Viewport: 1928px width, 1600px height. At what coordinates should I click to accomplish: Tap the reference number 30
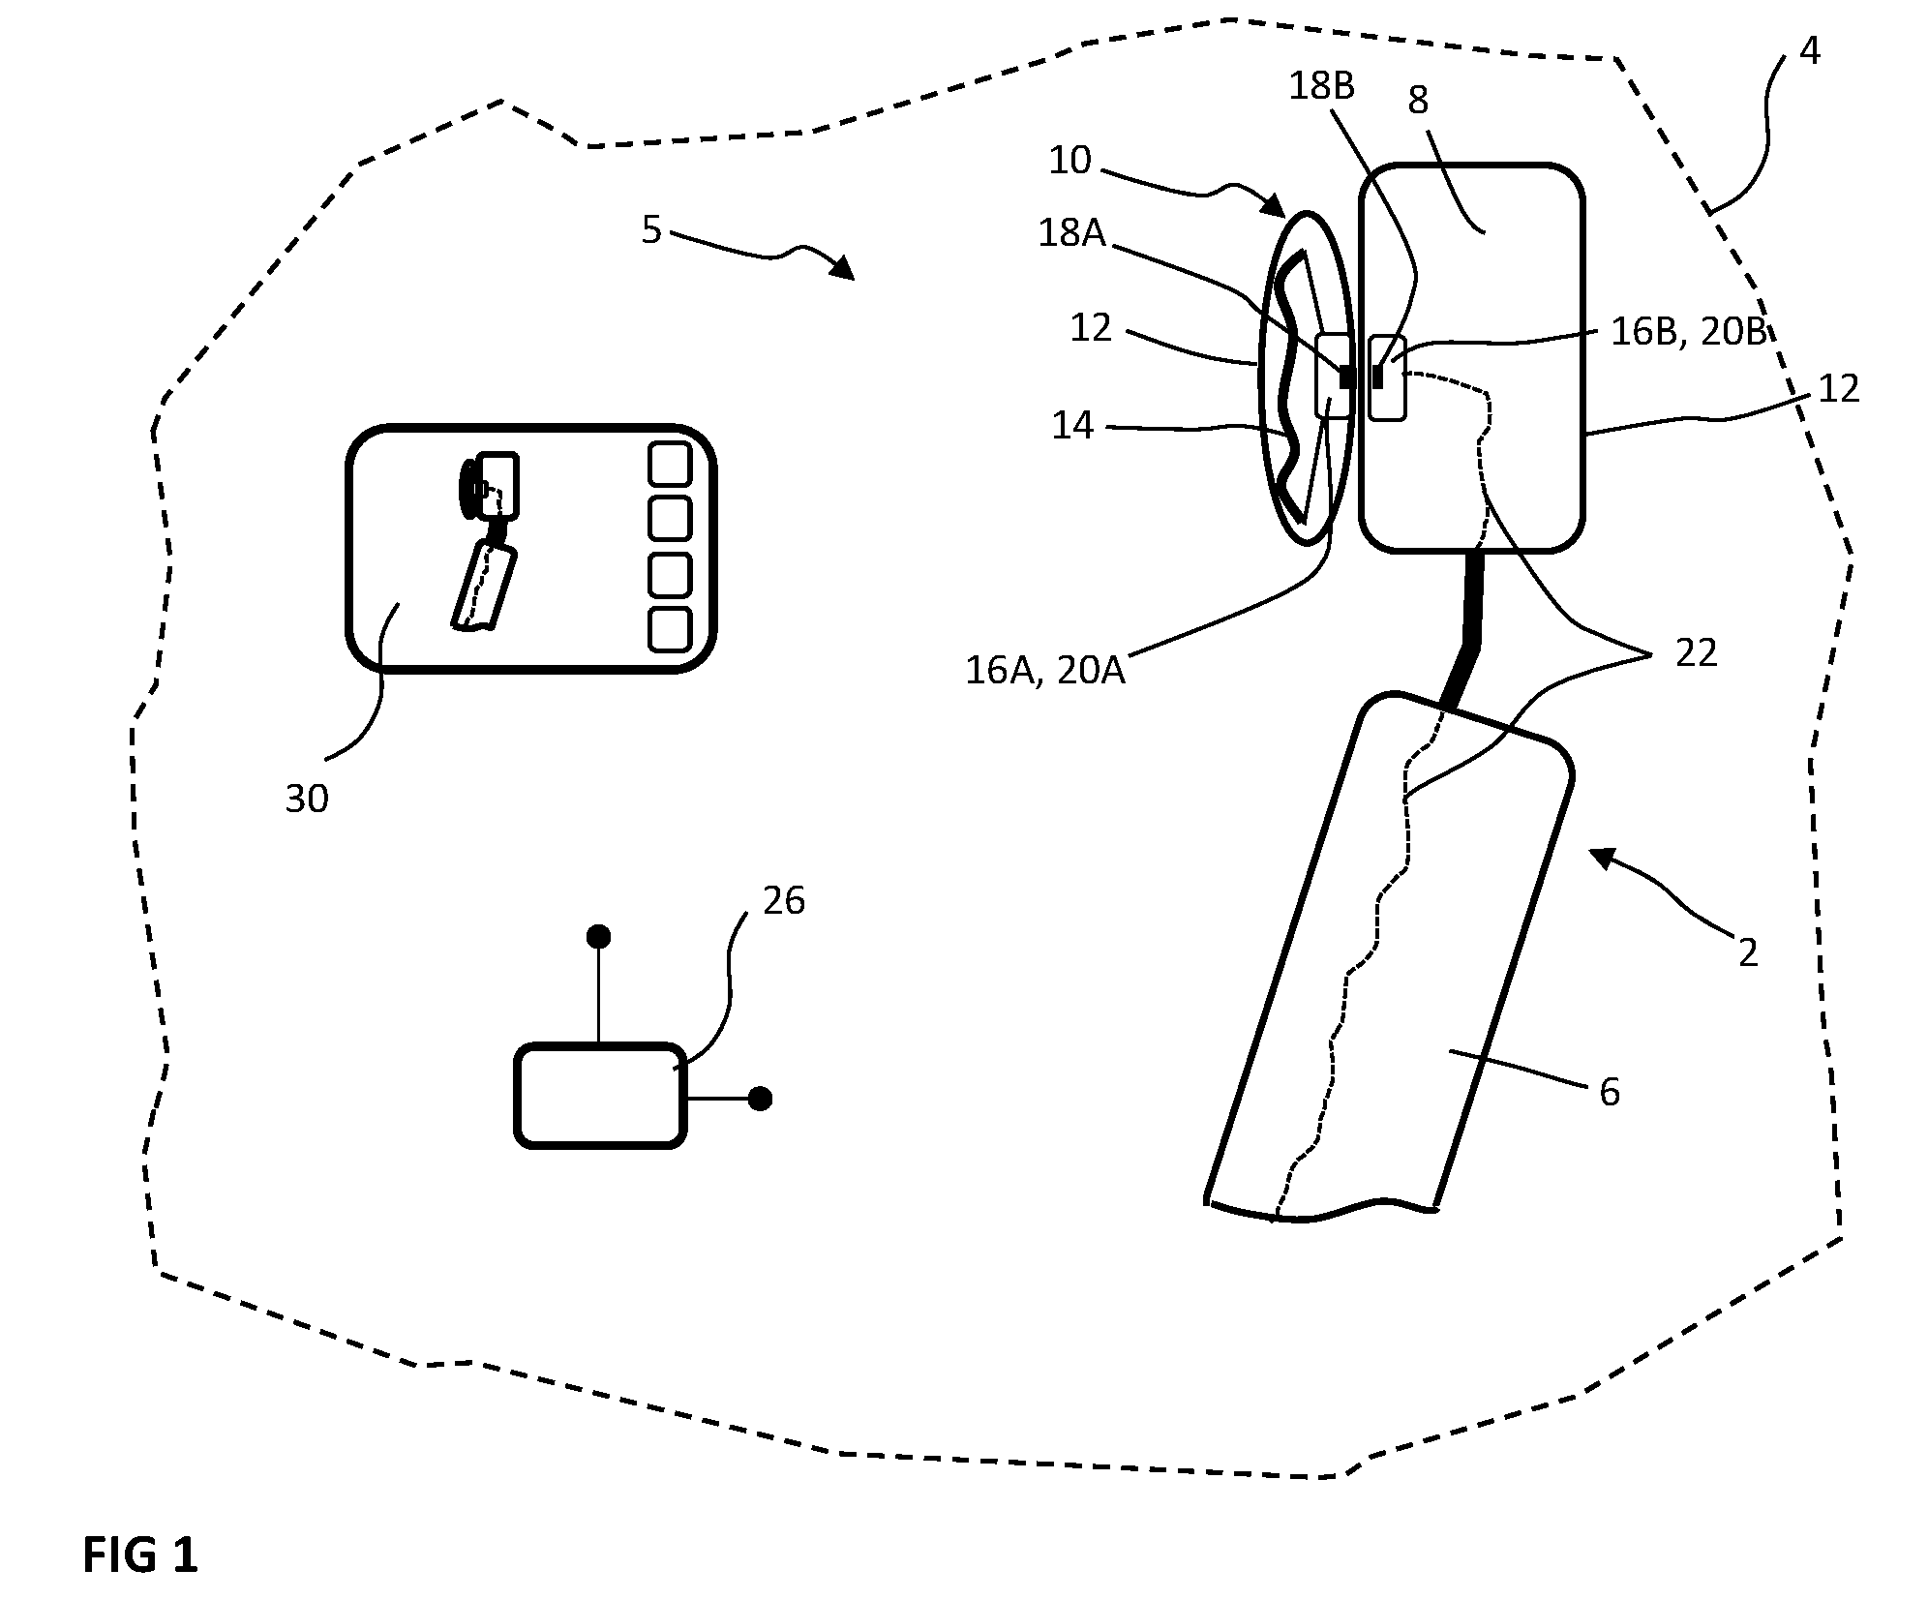[307, 799]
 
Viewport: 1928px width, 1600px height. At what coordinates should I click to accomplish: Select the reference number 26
[784, 900]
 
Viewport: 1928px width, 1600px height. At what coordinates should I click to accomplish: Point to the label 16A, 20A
[1045, 670]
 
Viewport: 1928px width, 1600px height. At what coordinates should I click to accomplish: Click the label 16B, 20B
[1690, 331]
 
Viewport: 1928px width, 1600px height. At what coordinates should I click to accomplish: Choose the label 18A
[1071, 232]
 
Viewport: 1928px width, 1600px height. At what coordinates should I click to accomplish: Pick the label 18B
[1321, 86]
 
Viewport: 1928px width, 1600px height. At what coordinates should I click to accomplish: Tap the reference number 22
[1697, 653]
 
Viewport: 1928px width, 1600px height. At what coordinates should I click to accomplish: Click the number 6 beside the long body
[1610, 1092]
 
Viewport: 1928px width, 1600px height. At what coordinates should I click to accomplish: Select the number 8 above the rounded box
[1418, 100]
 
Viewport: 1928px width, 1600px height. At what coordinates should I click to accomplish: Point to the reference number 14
[1072, 425]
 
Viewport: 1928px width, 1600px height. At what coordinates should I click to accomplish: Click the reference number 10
[1069, 160]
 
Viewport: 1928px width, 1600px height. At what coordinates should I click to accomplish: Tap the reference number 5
[651, 229]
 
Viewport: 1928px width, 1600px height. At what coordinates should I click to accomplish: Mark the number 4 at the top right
[1810, 50]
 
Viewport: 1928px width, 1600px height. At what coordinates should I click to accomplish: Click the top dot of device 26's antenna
[599, 936]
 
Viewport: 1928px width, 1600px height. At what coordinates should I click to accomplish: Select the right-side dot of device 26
[760, 1099]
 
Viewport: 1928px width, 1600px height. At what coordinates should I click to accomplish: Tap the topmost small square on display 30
[670, 465]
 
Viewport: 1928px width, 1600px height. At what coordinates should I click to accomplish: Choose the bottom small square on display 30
[670, 630]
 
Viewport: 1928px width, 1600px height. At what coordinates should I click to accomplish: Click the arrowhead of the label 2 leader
[1602, 857]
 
